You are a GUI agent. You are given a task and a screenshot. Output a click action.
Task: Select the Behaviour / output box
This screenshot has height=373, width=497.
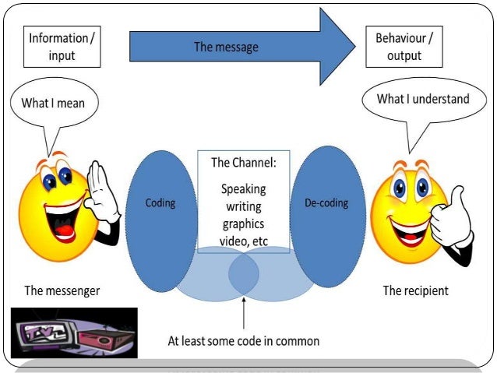404,46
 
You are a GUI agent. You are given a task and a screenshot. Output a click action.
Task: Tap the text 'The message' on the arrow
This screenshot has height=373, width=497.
226,48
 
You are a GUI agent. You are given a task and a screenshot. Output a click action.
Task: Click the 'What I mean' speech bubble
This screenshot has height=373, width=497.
54,103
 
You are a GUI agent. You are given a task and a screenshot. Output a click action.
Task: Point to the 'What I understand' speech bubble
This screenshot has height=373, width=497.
422,100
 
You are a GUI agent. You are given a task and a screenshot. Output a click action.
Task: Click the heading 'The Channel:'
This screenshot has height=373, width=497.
243,164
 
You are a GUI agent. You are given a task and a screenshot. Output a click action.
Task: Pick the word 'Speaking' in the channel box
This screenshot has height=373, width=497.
243,189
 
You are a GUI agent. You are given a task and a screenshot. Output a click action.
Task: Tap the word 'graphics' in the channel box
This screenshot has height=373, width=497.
243,224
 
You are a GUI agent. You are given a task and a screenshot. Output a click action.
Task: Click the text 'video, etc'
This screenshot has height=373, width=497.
243,241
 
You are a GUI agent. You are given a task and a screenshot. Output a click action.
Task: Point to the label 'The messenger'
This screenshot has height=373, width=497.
62,291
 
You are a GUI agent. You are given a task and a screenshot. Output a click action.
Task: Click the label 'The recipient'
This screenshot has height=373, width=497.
415,291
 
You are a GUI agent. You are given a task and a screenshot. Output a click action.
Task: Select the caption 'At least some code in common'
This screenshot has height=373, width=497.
243,341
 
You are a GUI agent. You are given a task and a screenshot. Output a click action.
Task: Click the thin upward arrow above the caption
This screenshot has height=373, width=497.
244,311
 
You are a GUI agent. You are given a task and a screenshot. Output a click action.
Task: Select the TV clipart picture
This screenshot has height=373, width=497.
74,333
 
